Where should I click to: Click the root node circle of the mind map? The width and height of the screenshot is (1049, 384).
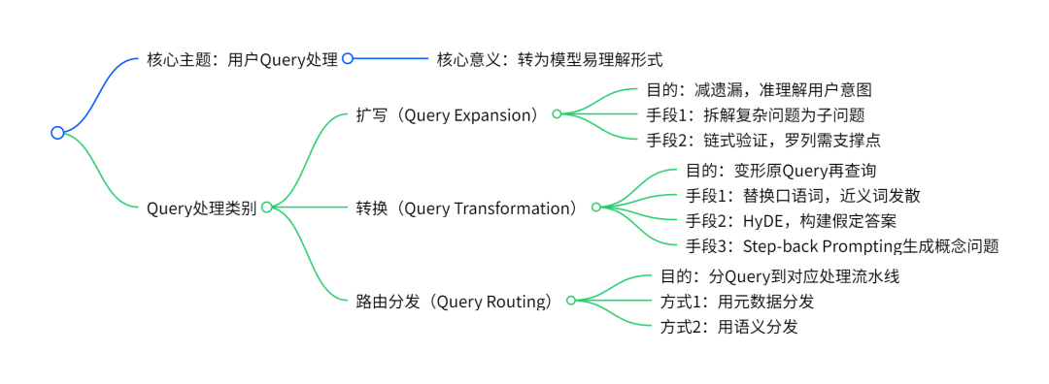57,133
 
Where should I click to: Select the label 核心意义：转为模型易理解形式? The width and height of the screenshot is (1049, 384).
549,59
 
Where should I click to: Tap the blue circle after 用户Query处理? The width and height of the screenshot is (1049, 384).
348,59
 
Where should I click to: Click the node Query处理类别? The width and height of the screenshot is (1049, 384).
201,208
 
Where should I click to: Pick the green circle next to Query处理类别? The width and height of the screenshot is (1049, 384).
266,208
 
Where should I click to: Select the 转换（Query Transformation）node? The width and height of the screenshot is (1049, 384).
466,208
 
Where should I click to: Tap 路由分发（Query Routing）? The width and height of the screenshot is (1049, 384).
455,301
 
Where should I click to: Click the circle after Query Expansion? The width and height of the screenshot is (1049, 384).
557,114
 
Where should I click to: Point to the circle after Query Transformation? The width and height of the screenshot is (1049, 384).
596,208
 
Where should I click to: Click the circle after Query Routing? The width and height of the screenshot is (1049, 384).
570,301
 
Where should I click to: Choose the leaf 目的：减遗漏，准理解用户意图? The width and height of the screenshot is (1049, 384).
759,90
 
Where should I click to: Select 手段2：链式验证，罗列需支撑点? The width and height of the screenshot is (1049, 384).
762,140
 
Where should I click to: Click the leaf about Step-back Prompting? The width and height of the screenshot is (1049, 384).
841,246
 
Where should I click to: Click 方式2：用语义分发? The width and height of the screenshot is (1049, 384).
728,327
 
